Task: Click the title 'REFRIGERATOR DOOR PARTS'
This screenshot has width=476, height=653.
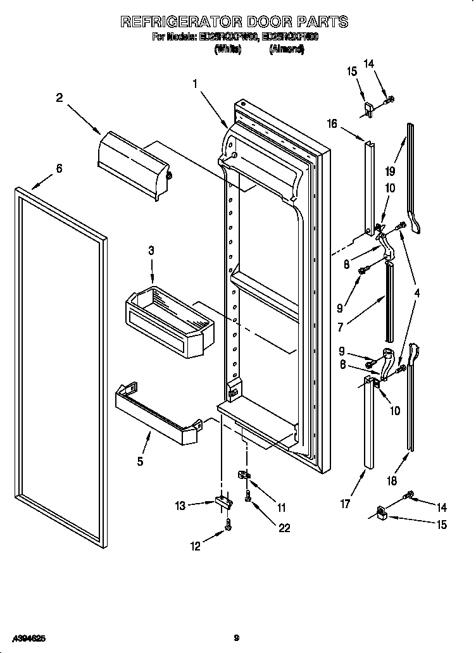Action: [234, 22]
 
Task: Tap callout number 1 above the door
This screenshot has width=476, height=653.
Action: [196, 83]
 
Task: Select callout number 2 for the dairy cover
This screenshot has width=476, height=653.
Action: [59, 97]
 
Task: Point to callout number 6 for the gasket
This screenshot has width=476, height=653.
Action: [59, 168]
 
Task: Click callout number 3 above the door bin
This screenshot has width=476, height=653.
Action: [151, 251]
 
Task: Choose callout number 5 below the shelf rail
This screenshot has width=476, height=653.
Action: [140, 461]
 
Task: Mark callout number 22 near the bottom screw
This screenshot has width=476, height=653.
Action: [284, 528]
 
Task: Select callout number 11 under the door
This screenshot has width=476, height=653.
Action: [282, 507]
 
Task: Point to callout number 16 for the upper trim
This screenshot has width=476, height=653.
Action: [332, 123]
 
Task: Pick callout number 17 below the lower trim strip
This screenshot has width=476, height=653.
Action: [346, 504]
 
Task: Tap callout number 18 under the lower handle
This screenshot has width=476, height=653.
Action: [392, 481]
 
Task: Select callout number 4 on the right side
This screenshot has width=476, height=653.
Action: [417, 292]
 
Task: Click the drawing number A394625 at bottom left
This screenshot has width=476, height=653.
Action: [28, 639]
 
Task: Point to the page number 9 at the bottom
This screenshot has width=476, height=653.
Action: [235, 639]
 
